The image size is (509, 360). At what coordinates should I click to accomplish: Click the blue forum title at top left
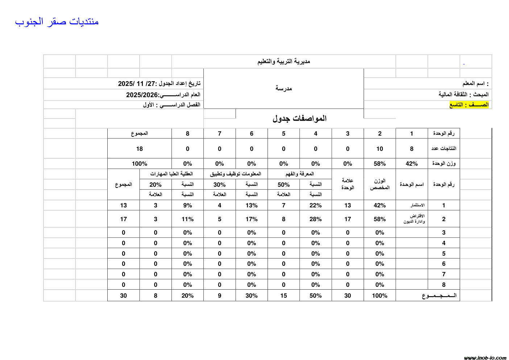[57, 22]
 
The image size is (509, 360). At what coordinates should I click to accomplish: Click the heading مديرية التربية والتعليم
[284, 62]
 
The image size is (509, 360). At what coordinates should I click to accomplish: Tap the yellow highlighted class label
[469, 105]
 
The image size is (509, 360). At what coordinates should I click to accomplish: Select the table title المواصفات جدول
[299, 119]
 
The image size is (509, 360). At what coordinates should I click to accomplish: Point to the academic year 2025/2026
[163, 95]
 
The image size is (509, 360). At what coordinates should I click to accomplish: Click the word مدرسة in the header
[284, 88]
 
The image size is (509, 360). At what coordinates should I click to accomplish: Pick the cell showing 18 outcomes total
[139, 149]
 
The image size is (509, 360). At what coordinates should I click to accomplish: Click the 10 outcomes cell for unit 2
[380, 149]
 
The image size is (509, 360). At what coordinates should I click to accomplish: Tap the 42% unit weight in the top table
[411, 164]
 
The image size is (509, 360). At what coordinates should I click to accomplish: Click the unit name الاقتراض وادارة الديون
[414, 219]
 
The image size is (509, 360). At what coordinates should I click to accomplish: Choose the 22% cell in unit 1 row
[315, 205]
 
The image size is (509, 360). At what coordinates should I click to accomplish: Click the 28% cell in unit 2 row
[315, 219]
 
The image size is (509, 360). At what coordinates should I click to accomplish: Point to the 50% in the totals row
[315, 295]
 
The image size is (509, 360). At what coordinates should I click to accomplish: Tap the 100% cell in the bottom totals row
[380, 295]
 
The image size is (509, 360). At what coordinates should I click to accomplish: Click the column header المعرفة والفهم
[299, 174]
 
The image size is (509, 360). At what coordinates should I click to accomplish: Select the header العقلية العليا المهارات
[171, 174]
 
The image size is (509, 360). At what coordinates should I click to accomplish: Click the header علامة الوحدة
[347, 184]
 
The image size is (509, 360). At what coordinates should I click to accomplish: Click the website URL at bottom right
[485, 358]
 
